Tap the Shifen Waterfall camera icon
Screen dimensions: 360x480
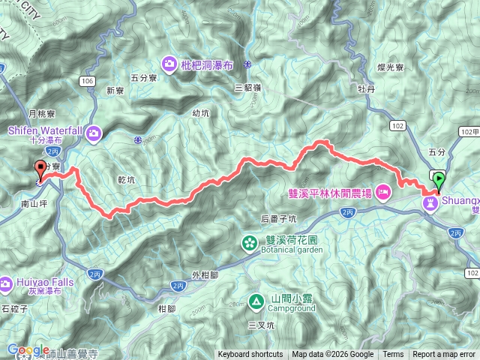click(x=94, y=133)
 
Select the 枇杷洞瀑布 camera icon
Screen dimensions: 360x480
click(x=169, y=64)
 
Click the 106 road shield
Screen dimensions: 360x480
click(x=88, y=80)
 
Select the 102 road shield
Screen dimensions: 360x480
click(x=397, y=124)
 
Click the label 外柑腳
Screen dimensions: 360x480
click(x=205, y=274)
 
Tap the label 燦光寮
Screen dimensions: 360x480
click(x=391, y=67)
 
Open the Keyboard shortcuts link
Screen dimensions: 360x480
click(x=250, y=355)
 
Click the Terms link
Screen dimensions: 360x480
click(x=393, y=355)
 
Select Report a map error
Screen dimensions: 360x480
click(x=444, y=355)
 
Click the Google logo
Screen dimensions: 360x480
click(x=28, y=350)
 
